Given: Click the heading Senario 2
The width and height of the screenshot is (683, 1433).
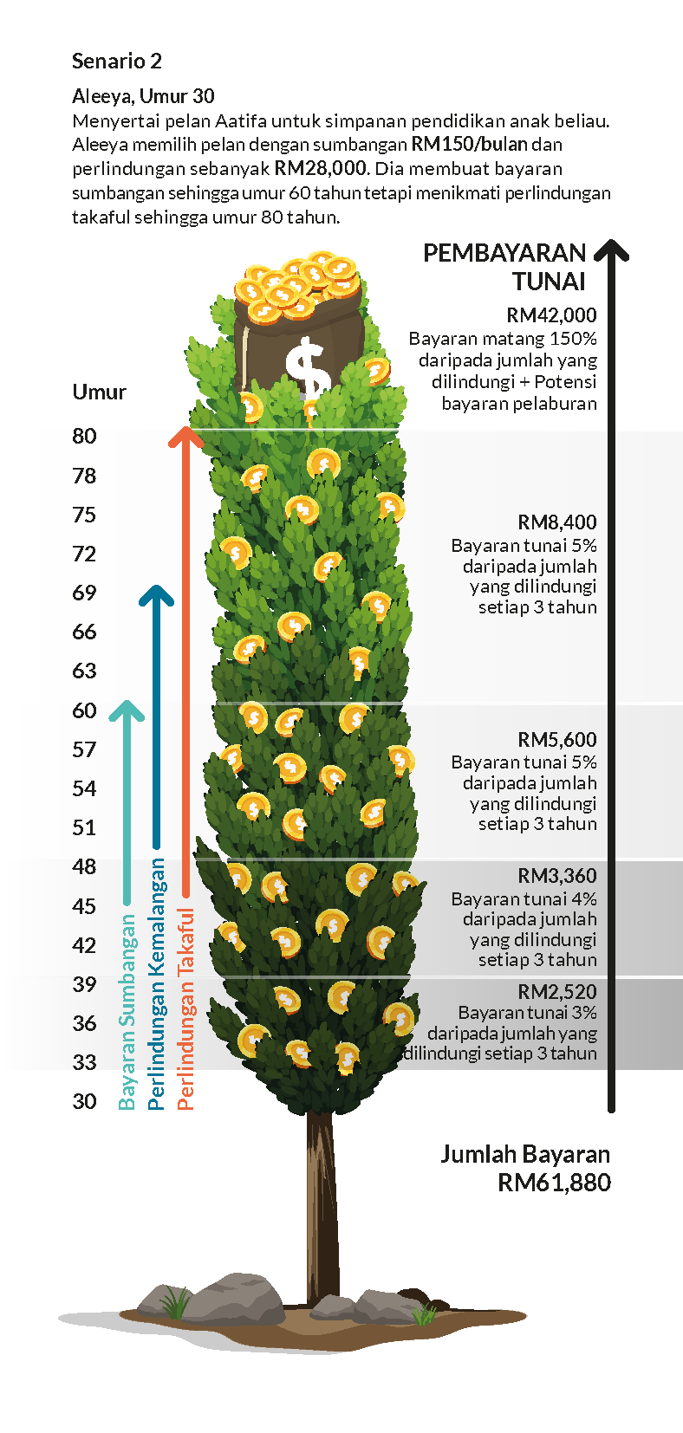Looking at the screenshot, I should [x=116, y=61].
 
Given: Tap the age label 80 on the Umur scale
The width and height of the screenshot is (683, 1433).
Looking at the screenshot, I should [x=84, y=436].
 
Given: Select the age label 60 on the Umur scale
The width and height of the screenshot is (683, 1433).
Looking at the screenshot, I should [x=84, y=710].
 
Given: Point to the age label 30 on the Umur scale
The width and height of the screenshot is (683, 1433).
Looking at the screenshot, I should [x=84, y=1101].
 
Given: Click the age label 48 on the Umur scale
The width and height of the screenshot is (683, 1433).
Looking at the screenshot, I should [x=84, y=866].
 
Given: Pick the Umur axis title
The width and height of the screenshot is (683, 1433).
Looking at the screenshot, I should [x=99, y=392].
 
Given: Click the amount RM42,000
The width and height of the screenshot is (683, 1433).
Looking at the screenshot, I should [x=551, y=315].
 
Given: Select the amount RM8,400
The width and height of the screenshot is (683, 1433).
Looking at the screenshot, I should [x=556, y=522].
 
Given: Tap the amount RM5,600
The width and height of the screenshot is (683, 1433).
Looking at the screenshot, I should [x=556, y=740].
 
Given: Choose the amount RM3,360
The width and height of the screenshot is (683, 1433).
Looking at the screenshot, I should [x=556, y=876].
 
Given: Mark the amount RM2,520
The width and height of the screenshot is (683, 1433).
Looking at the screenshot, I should [x=556, y=991].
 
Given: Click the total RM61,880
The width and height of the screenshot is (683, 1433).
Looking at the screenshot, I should [x=554, y=1183].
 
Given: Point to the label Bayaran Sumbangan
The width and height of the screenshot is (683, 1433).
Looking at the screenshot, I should [x=127, y=1012].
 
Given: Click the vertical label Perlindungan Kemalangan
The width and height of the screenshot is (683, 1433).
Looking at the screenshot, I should [x=157, y=983].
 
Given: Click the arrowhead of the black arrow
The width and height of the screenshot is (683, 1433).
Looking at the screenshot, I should [x=611, y=250].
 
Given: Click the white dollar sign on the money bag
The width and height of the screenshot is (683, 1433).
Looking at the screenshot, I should [x=308, y=368].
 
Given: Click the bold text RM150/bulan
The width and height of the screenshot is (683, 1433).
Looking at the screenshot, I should [x=470, y=145].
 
